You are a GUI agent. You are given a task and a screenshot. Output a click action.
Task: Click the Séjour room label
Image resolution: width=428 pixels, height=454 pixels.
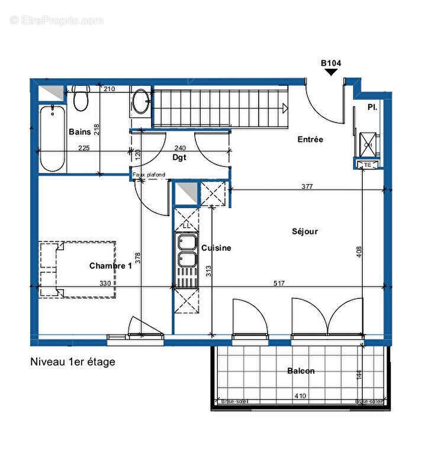[x=304, y=231]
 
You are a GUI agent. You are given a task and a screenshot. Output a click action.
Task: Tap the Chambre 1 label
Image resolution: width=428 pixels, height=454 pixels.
[x=110, y=266]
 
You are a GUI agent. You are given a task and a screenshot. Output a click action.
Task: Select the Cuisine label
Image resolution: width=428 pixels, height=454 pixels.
[x=216, y=248]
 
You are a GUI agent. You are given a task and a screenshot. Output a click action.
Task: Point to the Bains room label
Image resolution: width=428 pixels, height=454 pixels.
[x=79, y=131]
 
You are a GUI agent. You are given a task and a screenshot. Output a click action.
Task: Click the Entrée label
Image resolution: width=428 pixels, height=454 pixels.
[x=310, y=140]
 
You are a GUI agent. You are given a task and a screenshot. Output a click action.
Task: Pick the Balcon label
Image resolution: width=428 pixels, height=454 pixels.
[x=301, y=371]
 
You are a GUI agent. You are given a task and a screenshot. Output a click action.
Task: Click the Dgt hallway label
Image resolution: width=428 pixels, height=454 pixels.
[x=179, y=158]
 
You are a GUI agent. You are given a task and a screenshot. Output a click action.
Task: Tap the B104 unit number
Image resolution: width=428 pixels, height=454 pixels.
[x=331, y=62]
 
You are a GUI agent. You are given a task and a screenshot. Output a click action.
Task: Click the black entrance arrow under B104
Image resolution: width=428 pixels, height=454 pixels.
[x=331, y=72]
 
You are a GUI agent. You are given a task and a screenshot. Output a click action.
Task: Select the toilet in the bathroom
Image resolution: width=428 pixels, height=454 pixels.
[x=81, y=98]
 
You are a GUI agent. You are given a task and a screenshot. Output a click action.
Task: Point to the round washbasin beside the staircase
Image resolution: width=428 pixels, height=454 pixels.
[x=141, y=101]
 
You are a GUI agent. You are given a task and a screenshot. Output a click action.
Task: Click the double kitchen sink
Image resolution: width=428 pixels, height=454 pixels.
[x=186, y=252]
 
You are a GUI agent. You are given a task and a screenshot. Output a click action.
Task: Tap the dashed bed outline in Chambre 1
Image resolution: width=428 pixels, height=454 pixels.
[x=77, y=269]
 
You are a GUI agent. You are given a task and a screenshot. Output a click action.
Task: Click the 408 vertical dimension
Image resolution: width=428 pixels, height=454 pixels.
[x=359, y=252]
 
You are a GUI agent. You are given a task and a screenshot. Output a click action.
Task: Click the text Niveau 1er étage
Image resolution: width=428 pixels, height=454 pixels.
[x=72, y=362]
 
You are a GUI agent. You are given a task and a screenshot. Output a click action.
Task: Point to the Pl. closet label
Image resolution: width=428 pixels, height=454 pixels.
[x=372, y=107]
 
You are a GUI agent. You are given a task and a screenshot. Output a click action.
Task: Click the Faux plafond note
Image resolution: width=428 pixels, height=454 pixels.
[x=149, y=175]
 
